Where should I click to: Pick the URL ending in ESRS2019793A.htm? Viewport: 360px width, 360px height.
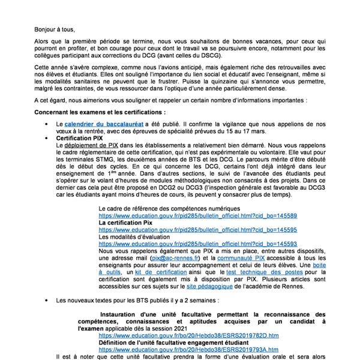(x=188, y=349)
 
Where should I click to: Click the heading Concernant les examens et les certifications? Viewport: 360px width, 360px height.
(x=100, y=112)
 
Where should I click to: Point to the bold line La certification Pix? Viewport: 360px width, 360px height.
(x=126, y=222)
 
